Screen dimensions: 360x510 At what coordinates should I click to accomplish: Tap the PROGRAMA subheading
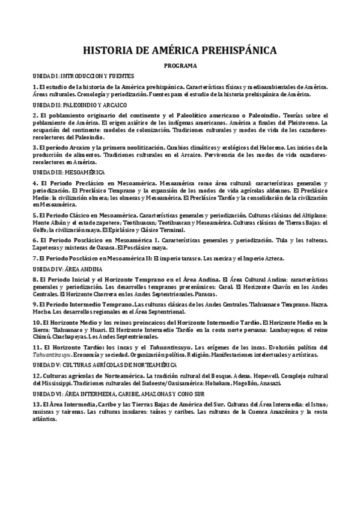point(180,66)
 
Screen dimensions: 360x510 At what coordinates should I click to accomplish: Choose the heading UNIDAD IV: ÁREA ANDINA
point(68,269)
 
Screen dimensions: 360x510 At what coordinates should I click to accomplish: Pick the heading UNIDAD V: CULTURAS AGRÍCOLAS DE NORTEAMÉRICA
point(104,364)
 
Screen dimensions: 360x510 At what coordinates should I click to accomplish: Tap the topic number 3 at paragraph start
point(35,147)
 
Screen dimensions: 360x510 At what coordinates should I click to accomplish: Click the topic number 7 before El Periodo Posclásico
point(35,258)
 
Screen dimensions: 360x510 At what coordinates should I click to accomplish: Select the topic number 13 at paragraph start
point(37,403)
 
